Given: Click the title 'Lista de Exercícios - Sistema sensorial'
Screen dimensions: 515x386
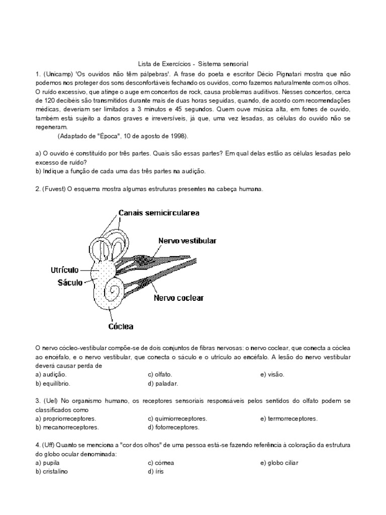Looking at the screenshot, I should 194,64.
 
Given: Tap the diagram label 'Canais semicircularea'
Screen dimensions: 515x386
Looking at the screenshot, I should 159,213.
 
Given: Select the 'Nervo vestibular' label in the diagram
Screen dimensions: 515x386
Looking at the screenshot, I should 187,241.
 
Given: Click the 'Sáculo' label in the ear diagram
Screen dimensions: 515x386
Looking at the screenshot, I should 70,283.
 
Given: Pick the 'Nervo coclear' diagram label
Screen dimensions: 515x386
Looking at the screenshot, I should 178,298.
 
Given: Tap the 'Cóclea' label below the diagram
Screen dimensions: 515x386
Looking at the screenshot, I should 121,326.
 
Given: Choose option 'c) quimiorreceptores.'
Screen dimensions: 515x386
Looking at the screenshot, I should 177,418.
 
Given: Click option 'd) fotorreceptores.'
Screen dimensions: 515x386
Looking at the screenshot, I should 173,427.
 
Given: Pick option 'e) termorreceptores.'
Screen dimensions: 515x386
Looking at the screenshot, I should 288,418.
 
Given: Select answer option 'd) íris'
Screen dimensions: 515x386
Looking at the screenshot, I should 155,472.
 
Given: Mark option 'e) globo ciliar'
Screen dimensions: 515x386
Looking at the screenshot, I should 279,463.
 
